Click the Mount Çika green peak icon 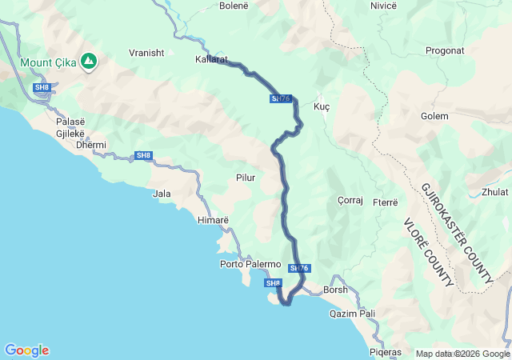click(x=90, y=60)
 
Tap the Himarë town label click(x=214, y=219)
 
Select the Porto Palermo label click(x=250, y=264)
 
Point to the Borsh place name click(x=335, y=290)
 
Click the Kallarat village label click(x=212, y=59)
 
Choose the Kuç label click(x=322, y=106)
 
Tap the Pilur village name click(x=246, y=178)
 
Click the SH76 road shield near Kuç click(x=280, y=98)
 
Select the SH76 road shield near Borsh click(x=299, y=268)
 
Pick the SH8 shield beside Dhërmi click(x=143, y=155)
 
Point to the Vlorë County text click(x=429, y=252)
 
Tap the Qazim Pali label click(x=352, y=314)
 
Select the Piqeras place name click(x=386, y=352)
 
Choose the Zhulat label click(x=494, y=192)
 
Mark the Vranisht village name click(x=146, y=53)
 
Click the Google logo click(x=26, y=350)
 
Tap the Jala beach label click(x=162, y=194)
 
